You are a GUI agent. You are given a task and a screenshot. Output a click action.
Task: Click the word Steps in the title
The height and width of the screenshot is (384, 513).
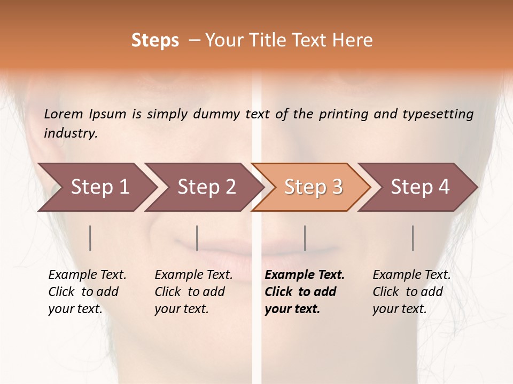155,41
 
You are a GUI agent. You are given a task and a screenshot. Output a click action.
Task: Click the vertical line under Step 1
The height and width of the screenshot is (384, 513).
90,238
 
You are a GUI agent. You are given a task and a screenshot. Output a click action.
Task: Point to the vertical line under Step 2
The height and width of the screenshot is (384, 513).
197,238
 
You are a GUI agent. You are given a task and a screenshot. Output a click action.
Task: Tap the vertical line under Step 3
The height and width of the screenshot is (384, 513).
305,238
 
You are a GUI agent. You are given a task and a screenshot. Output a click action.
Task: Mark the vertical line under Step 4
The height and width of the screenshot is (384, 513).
413,238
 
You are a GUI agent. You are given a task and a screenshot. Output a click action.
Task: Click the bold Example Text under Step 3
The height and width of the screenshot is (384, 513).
304,292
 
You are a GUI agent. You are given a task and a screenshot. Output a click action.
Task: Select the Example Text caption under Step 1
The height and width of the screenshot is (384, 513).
87,292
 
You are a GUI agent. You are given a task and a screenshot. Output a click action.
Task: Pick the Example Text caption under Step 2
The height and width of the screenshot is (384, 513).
193,292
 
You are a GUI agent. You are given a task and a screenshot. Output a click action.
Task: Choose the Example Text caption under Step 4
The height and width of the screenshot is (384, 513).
411,292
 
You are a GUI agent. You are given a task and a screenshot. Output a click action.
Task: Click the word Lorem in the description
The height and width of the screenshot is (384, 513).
64,114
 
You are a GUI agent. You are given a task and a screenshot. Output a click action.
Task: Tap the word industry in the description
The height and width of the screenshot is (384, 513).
71,133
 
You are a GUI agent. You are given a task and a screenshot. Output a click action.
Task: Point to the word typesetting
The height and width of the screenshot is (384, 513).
438,114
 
